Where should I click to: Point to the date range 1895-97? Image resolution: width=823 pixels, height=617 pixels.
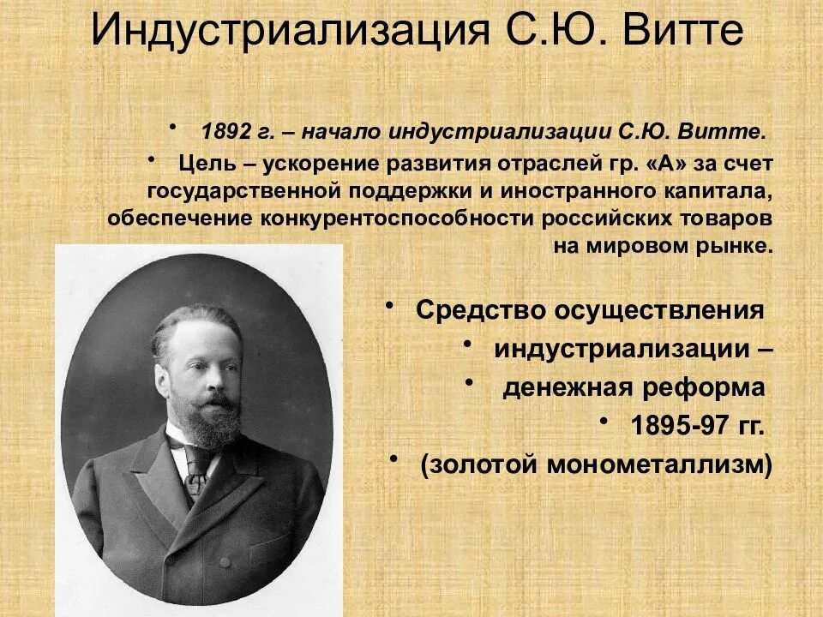point(674,426)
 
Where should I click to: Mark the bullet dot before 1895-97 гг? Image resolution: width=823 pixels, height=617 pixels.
point(604,421)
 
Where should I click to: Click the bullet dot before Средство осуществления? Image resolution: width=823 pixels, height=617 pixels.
point(390,304)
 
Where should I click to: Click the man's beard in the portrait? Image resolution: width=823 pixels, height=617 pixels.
point(214,420)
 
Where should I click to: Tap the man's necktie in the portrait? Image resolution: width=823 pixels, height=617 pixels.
point(195,471)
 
